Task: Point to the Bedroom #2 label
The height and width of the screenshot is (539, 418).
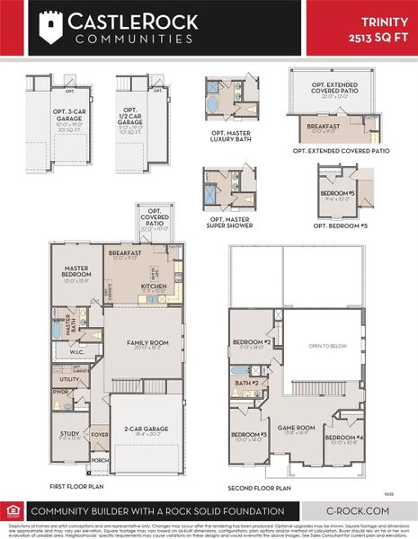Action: [253, 342]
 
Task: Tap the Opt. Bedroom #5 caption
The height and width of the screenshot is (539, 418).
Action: [339, 225]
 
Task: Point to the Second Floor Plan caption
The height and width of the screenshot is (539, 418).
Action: [260, 488]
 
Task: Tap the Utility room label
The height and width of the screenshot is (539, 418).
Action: [69, 380]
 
